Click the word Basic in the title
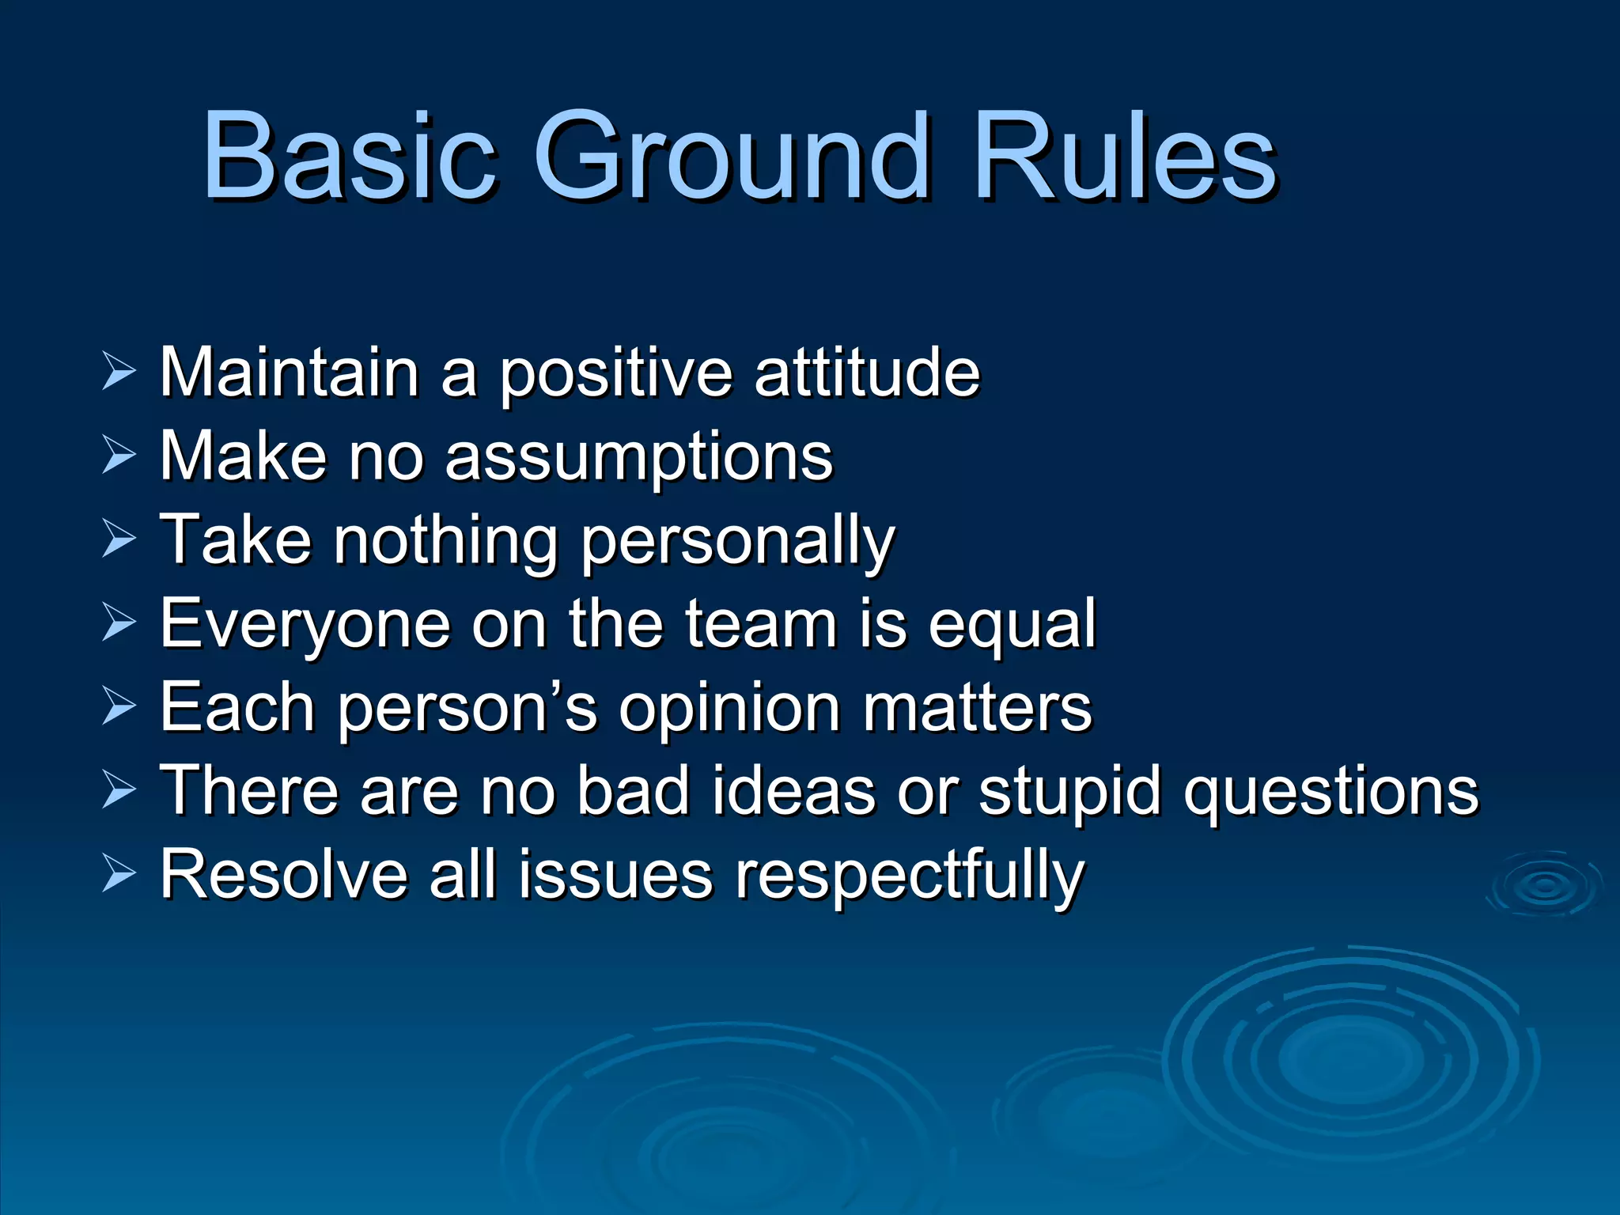pos(348,156)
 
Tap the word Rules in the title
pos(1123,156)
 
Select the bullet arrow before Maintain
pos(119,372)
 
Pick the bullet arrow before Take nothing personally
pos(119,541)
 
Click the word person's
pos(467,709)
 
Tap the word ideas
pos(793,791)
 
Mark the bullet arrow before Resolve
pos(119,876)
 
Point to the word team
pos(760,625)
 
